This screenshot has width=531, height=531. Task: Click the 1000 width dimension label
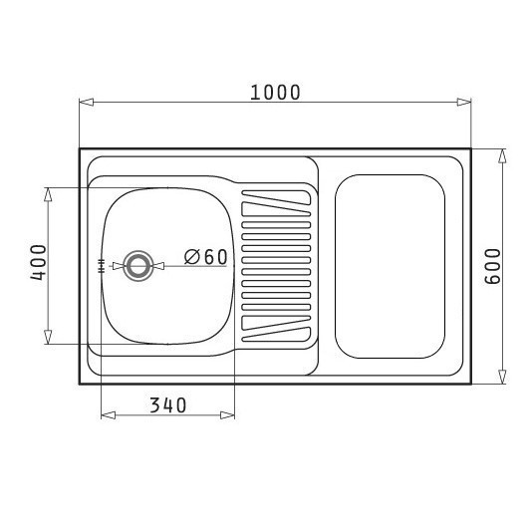pos(275,93)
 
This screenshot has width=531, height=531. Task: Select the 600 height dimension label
pos(493,267)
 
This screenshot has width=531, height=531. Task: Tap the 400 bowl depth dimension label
pos(38,262)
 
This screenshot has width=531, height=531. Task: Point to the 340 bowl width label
pos(168,405)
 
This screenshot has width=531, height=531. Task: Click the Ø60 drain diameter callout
pos(206,257)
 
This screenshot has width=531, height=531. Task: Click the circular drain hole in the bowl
pos(138,266)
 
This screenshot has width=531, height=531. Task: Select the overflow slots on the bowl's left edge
pos(101,266)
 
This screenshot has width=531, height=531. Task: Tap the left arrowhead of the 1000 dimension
pos(86,102)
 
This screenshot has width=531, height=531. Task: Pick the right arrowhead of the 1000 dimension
pos(464,102)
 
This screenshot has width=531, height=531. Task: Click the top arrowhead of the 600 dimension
pos(502,156)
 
